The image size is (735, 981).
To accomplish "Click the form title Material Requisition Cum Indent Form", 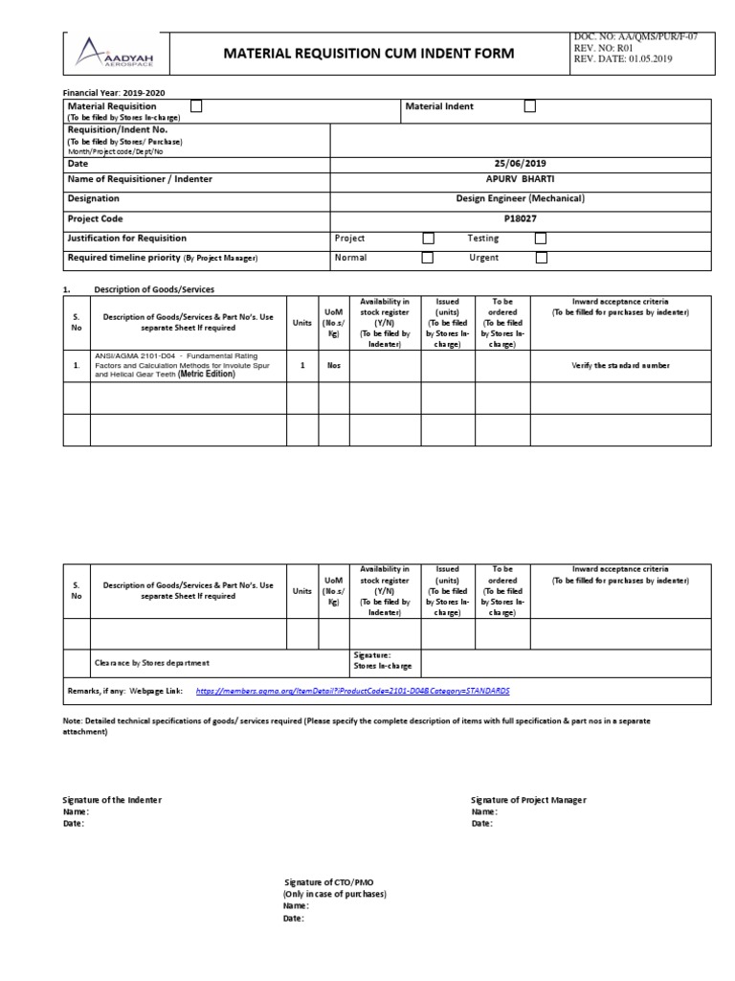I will point(368,54).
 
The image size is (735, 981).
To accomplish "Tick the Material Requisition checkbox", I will point(196,106).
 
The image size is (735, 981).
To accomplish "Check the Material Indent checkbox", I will point(529,107).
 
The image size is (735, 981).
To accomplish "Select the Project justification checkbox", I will point(428,239).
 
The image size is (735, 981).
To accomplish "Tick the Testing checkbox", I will point(541,239).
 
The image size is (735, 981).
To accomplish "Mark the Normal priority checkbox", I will point(428,258).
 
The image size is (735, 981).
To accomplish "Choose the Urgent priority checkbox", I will point(541,258).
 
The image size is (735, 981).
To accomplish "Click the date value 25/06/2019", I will point(521,164).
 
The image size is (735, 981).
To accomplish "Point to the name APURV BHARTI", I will point(521,179).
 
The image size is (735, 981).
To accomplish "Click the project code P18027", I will point(521,218).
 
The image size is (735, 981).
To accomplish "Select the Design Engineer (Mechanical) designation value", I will point(521,198).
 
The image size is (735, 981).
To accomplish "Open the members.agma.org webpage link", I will point(352,691).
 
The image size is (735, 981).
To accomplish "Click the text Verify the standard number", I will point(621,366).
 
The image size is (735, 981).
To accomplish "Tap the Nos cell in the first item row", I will point(333,366).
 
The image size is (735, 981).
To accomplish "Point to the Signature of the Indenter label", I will point(112,800).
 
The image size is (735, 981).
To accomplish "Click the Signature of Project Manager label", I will point(528,800).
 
